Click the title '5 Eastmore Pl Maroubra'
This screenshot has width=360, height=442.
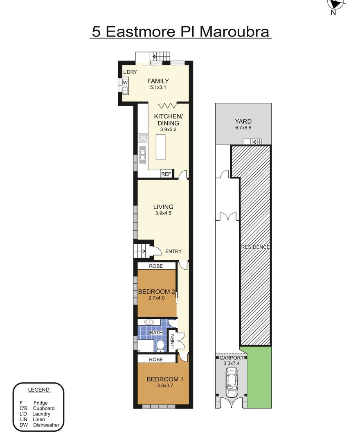pos(180,32)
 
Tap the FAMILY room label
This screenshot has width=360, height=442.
pos(158,81)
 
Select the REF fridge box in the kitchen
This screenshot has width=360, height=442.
pos(166,174)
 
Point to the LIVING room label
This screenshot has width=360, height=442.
pos(163,207)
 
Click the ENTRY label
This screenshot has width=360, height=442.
pos(173,251)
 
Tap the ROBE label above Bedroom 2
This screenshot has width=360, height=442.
pos(156,266)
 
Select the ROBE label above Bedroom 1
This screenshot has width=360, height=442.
pos(156,359)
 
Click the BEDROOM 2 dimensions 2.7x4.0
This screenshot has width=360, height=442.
pos(157,298)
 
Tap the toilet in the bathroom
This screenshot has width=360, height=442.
pos(160,346)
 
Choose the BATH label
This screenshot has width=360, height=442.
pos(156,333)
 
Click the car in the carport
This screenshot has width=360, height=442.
pos(232,383)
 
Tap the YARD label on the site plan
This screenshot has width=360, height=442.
pos(243,121)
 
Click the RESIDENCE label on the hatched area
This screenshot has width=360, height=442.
pos(255,247)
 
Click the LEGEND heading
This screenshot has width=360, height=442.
pos(39,389)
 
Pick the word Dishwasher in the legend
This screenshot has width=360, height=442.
pos(46,425)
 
